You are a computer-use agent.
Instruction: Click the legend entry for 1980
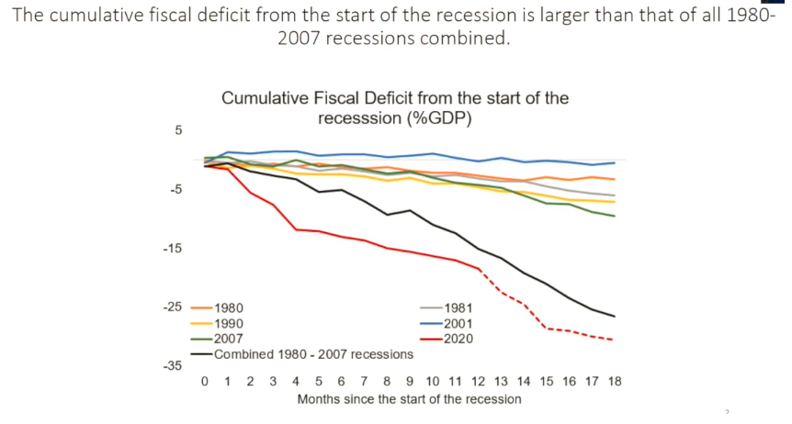click(x=228, y=308)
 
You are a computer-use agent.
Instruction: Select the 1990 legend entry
click(x=228, y=324)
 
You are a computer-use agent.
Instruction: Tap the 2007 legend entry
click(x=228, y=339)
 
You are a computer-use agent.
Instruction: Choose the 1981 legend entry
click(x=457, y=308)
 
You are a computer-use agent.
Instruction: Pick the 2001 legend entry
click(x=457, y=324)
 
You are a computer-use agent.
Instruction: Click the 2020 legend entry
click(x=457, y=339)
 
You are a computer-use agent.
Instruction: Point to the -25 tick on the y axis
click(x=173, y=307)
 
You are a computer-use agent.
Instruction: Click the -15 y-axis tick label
click(x=173, y=249)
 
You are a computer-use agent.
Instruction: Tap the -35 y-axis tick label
click(x=173, y=366)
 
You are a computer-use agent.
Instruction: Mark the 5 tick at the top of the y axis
click(x=178, y=130)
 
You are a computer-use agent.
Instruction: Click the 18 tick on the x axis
click(x=614, y=381)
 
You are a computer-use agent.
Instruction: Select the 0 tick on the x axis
click(x=205, y=381)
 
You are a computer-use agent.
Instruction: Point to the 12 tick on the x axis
click(x=478, y=381)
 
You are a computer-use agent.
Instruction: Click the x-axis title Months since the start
click(x=409, y=399)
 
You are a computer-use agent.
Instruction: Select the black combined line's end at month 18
click(x=614, y=317)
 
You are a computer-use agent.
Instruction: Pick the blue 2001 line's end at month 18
click(x=614, y=162)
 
